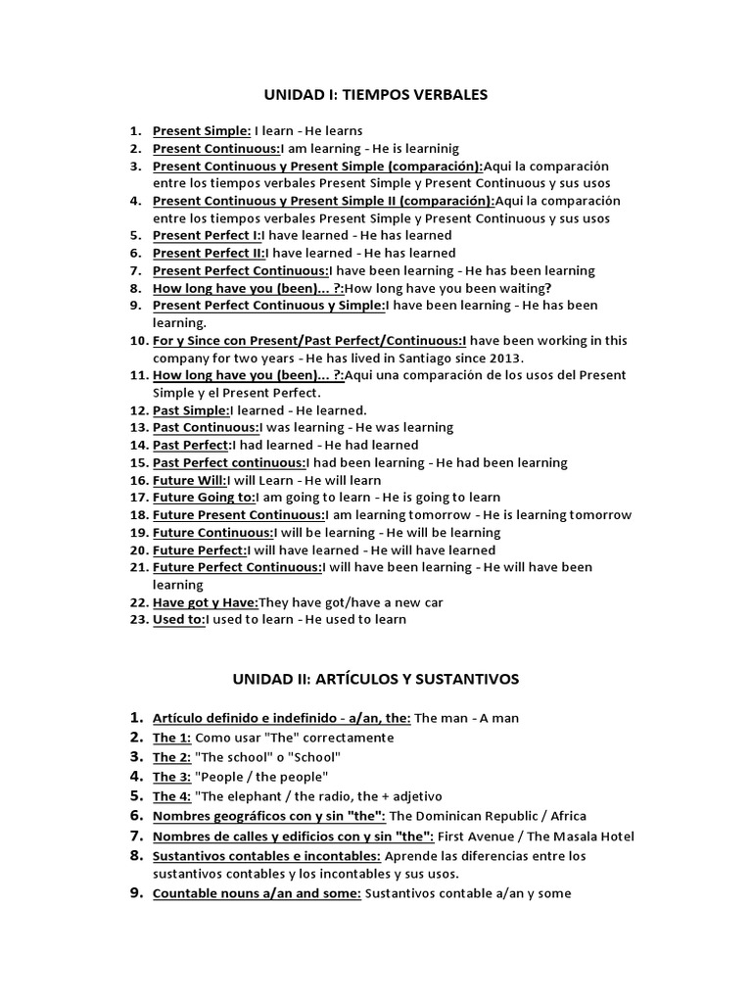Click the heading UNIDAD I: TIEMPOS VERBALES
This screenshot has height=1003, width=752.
click(375, 95)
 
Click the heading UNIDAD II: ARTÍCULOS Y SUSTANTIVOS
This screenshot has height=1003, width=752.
click(375, 679)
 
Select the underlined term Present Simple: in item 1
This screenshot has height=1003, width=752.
click(202, 130)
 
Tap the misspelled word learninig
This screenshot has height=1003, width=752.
click(425, 148)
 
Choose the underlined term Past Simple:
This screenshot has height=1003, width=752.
click(191, 410)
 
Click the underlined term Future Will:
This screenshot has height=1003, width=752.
click(189, 481)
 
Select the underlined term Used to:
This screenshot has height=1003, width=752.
click(178, 619)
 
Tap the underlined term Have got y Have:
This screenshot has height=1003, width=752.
click(206, 602)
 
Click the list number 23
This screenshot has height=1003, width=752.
click(137, 619)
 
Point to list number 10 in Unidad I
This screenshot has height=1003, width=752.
click(137, 340)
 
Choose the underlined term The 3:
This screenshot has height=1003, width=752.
click(171, 777)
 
